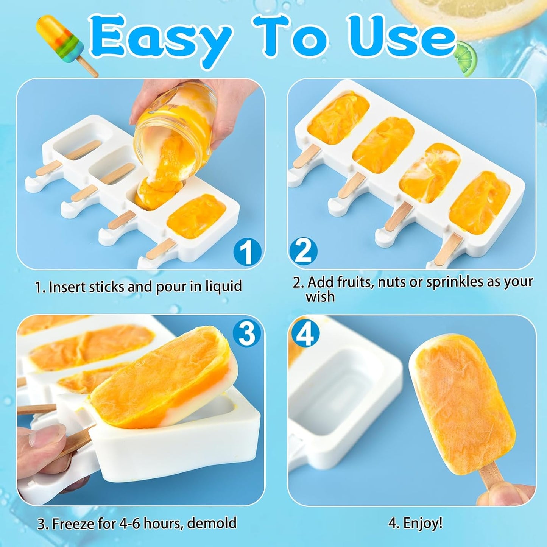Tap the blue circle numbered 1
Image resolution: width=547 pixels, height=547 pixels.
click(x=247, y=252)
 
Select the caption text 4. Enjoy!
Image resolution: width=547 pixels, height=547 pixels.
click(x=415, y=524)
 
